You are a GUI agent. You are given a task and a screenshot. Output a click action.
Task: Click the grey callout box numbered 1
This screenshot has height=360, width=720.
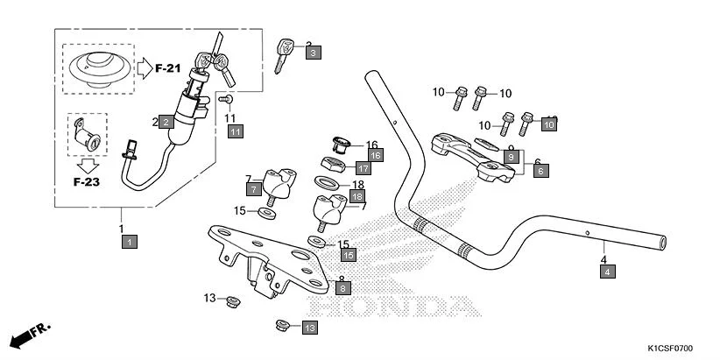click(129, 240)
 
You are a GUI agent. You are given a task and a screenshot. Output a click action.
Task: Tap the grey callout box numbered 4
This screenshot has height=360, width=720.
click(607, 272)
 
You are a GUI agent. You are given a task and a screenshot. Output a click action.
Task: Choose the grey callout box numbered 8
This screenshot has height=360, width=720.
click(343, 287)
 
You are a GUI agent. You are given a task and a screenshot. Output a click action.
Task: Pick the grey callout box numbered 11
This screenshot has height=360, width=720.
click(235, 131)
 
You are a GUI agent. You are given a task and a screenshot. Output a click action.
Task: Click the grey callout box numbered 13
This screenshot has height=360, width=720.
click(309, 327)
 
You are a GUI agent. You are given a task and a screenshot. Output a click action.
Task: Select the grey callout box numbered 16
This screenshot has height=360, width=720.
click(375, 155)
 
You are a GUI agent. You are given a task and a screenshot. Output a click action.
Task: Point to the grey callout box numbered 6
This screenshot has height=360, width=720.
click(540, 172)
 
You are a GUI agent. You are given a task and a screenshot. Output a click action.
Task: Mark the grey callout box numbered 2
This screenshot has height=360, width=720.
click(166, 123)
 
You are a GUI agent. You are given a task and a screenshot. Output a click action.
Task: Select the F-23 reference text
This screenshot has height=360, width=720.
click(86, 185)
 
